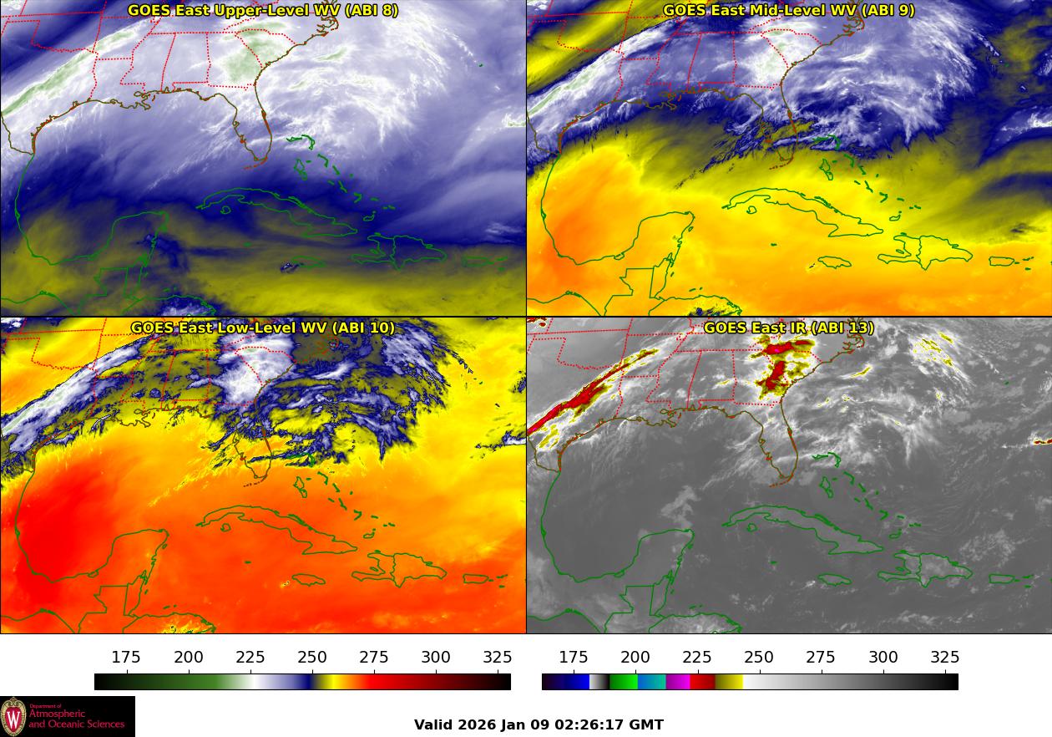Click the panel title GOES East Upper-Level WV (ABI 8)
263,11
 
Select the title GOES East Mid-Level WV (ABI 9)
788,11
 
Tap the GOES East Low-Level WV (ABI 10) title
263,328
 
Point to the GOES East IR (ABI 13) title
788,328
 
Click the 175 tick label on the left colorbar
126,658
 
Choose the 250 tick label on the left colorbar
312,658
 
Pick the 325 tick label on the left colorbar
498,658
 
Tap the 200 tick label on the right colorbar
635,658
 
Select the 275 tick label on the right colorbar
821,658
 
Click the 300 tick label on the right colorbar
883,658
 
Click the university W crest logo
13,716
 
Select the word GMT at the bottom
647,724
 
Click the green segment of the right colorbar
623,682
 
